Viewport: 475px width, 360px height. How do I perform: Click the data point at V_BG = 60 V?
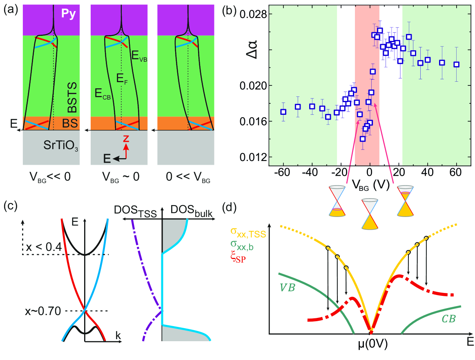(457, 64)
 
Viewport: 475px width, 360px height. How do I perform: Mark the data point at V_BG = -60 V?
(283, 112)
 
